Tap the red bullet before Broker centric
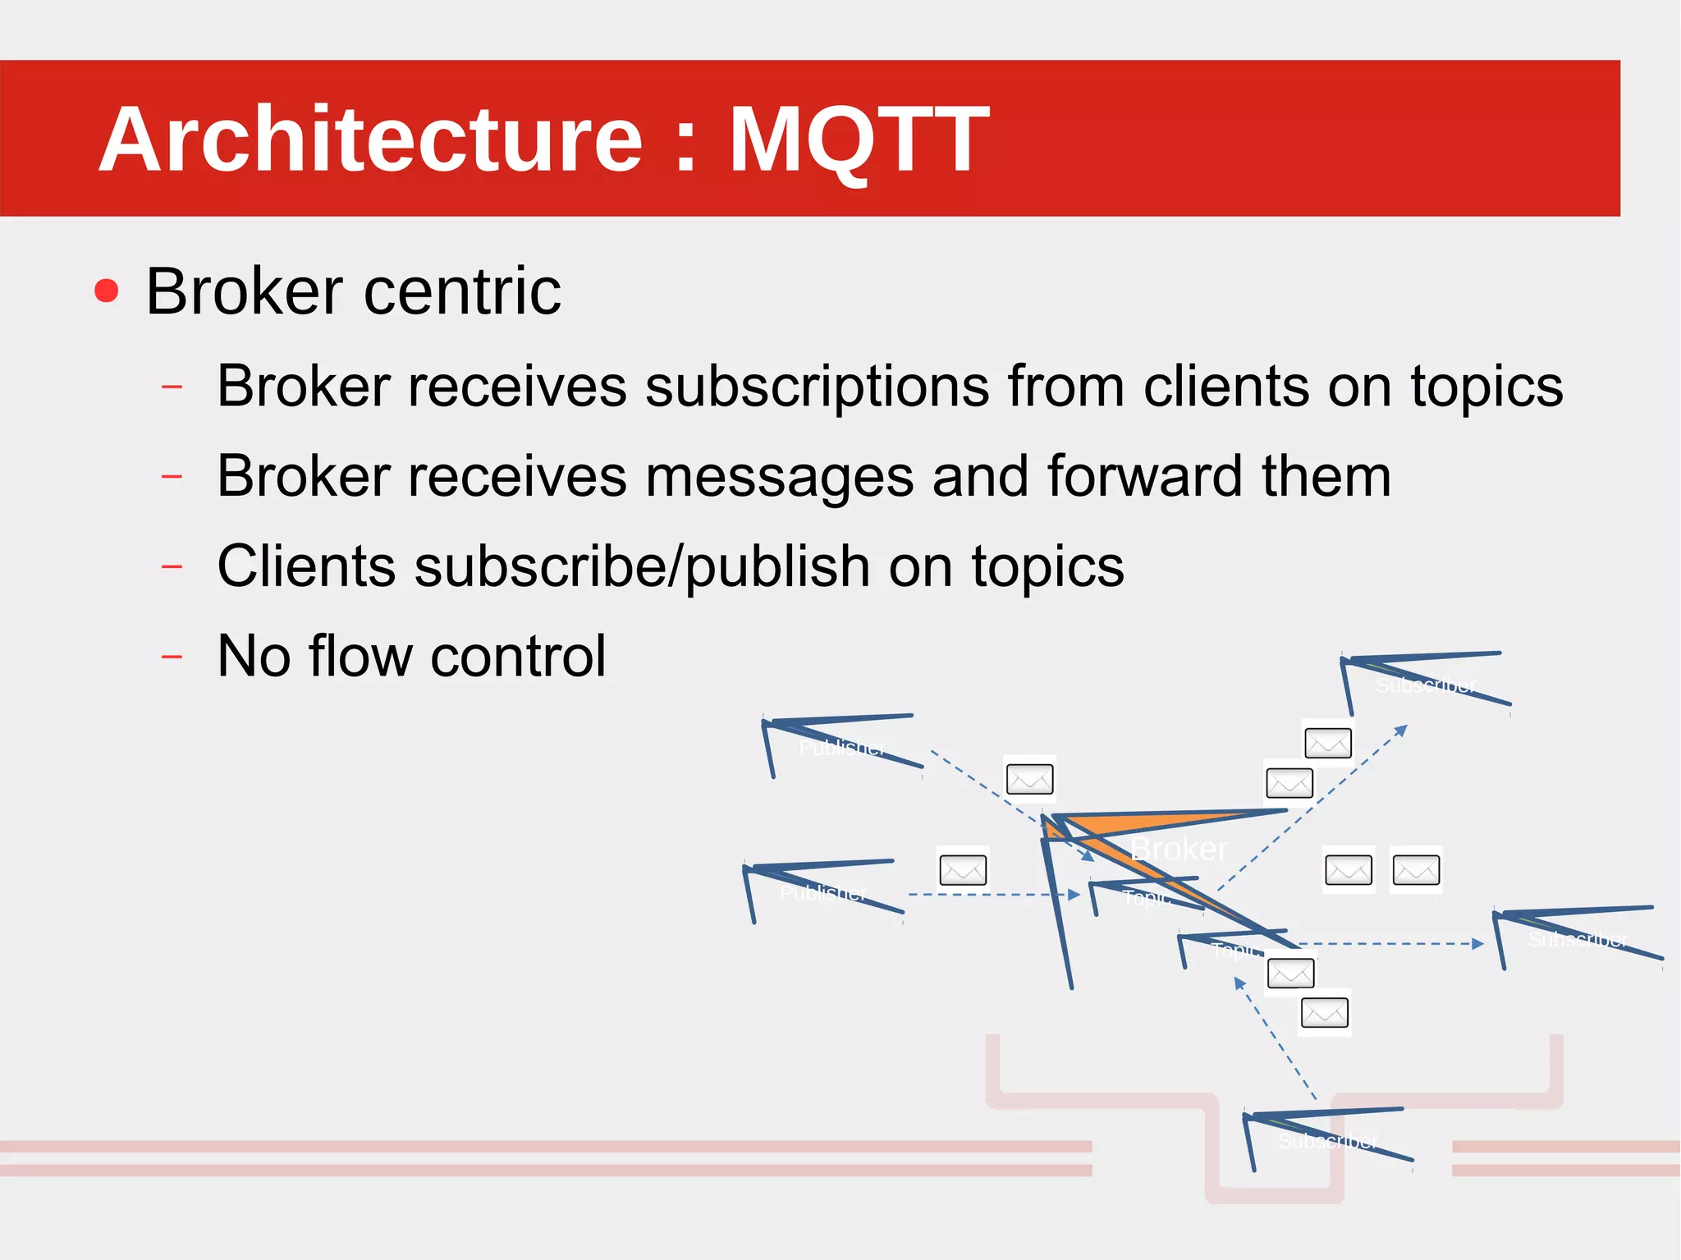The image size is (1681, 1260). [107, 291]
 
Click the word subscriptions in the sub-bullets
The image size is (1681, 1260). [817, 386]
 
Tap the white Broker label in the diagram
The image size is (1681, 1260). [1179, 849]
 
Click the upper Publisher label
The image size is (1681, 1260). [842, 748]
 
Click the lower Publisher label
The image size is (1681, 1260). [822, 893]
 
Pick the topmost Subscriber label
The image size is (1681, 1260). [1426, 685]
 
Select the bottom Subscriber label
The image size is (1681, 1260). [1327, 1141]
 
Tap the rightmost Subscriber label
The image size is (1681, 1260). [1578, 940]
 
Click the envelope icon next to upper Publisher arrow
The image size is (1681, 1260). [1029, 779]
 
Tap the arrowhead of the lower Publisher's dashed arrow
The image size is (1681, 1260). [1074, 895]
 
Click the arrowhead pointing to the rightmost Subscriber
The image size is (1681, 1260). [1477, 944]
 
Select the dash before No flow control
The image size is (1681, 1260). [172, 657]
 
